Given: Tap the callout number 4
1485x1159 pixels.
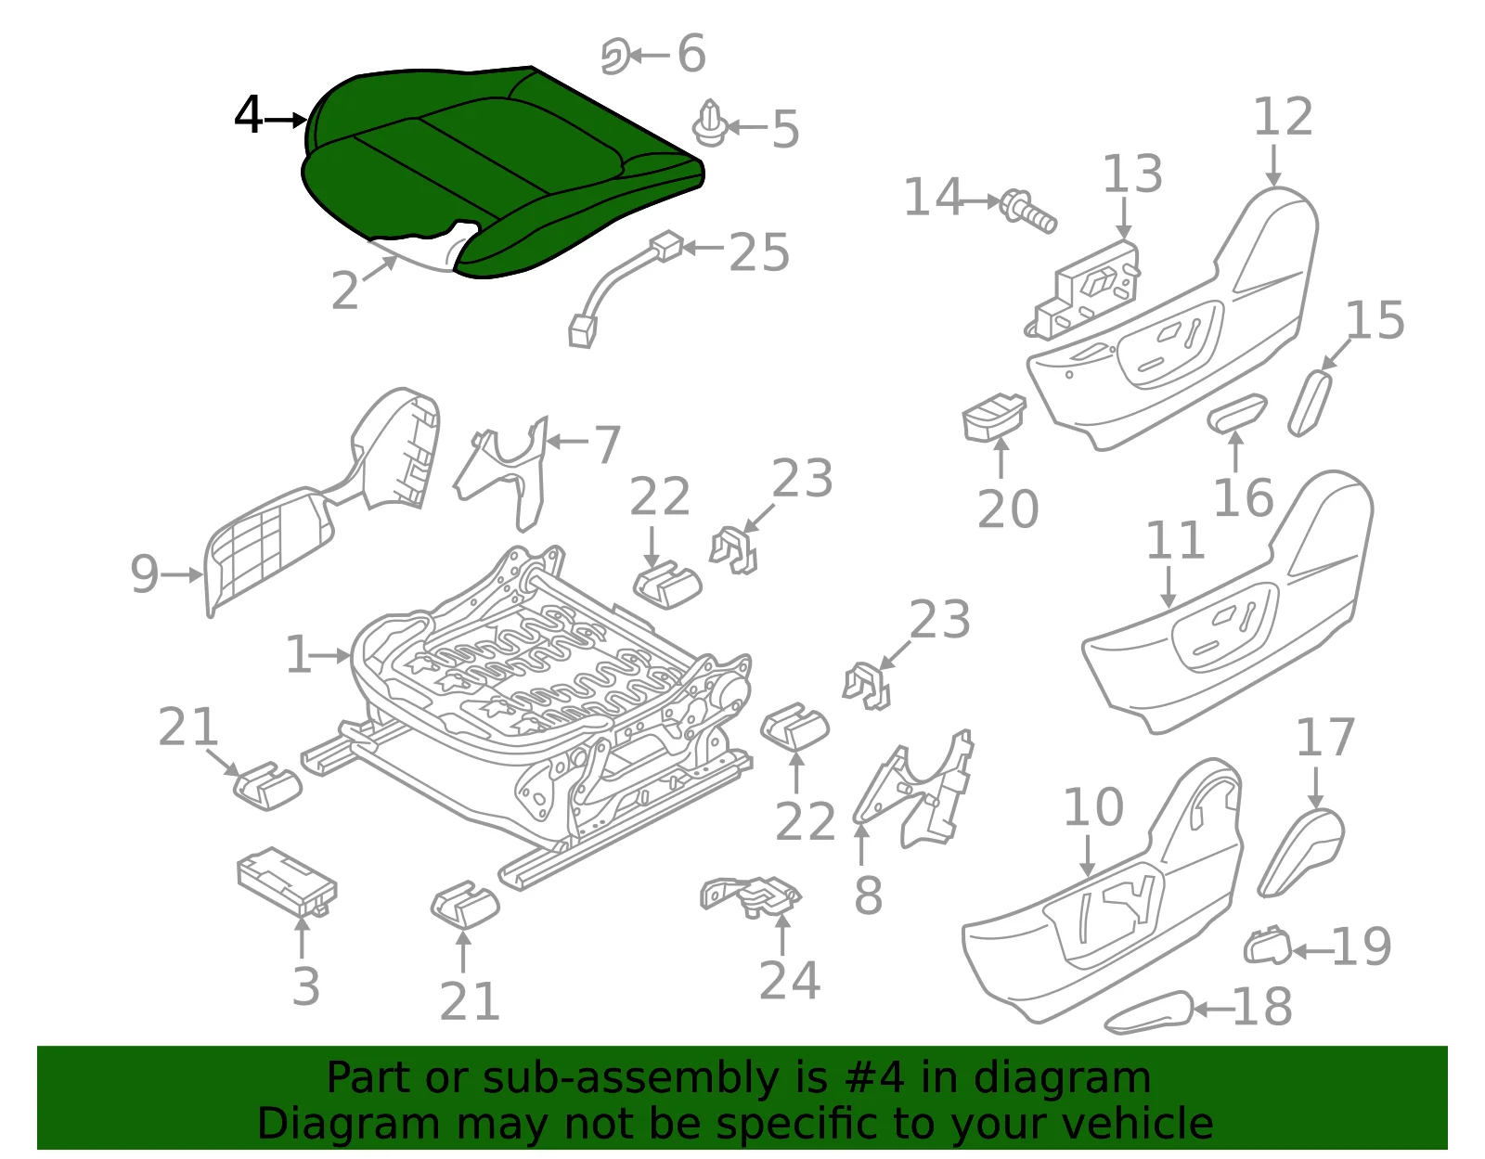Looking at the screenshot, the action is point(248,115).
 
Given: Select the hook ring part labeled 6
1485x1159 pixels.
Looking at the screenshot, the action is point(614,56).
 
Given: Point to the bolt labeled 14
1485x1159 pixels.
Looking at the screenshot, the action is point(1027,211).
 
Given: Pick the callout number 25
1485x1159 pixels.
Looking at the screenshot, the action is point(759,251).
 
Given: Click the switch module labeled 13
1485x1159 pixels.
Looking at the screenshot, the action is point(1083,289).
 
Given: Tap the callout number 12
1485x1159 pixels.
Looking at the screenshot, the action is point(1283,117).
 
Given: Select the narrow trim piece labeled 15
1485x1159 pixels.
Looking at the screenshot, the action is point(1311,403).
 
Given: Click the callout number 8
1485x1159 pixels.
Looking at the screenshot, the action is point(868,895).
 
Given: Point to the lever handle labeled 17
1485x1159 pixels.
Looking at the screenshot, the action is point(1300,852).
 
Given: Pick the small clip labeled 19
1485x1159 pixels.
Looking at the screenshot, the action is point(1266,946).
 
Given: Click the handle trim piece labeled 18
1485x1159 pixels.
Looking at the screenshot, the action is point(1148,1012).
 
